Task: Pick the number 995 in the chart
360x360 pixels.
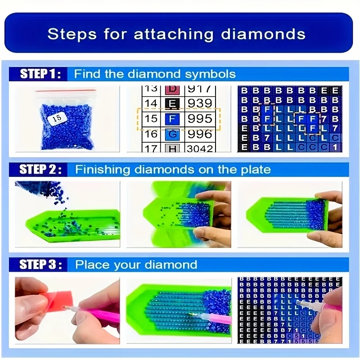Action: pos(199,119)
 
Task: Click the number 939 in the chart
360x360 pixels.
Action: pos(199,103)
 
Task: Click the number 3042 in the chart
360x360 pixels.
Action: pos(199,148)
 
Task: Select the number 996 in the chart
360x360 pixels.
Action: pos(199,134)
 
